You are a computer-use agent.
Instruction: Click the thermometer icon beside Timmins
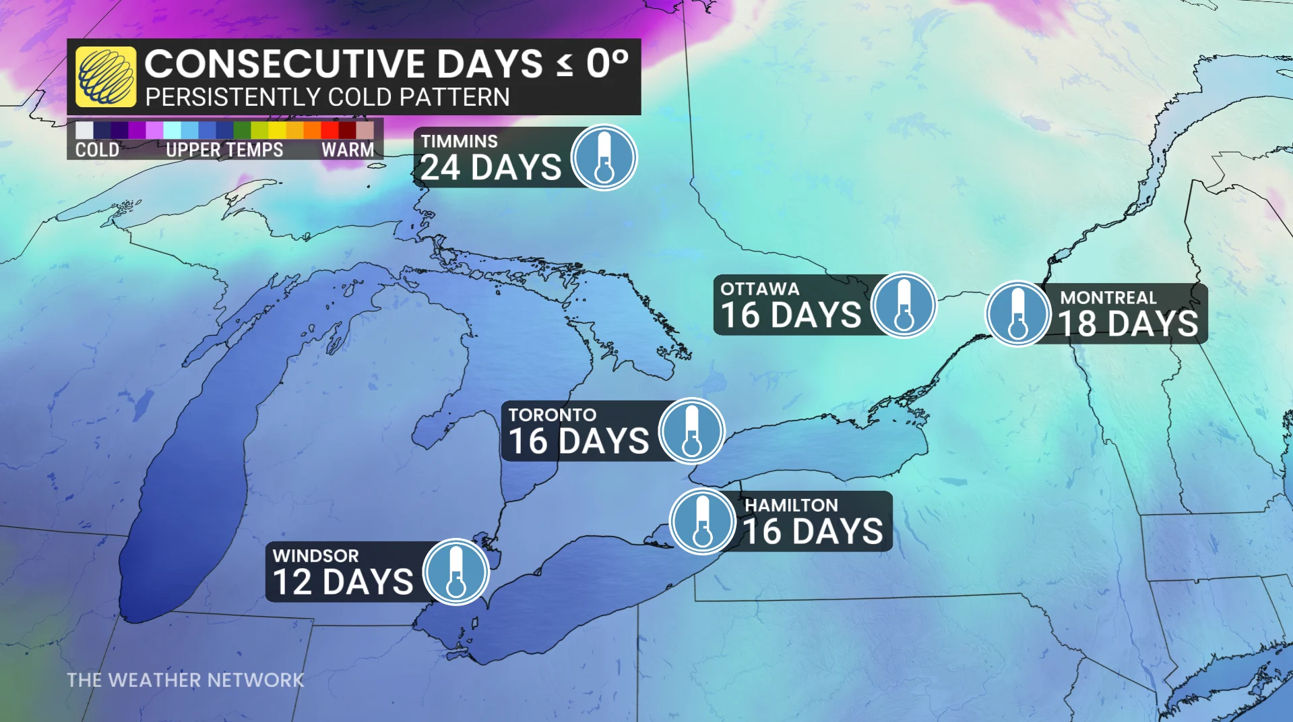click(604, 157)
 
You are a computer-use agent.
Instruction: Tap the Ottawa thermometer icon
click(904, 305)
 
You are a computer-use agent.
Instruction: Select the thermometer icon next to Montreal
click(1017, 313)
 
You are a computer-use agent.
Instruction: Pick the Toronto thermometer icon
click(691, 431)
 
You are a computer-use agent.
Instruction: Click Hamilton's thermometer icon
click(702, 521)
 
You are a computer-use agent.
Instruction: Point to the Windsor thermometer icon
click(456, 572)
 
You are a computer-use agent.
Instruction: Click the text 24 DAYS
click(491, 168)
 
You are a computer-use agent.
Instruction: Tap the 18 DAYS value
click(1129, 324)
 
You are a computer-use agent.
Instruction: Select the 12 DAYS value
click(343, 582)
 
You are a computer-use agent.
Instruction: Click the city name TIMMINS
click(460, 142)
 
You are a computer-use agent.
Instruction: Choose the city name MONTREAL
click(1108, 297)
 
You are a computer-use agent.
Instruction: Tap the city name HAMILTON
click(791, 505)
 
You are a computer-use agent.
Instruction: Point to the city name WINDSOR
click(315, 555)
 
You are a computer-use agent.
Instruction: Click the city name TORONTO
click(553, 415)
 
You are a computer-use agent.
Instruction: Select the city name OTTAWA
click(760, 289)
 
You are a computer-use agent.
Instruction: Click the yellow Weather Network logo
click(105, 76)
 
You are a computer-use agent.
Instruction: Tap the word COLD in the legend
click(97, 150)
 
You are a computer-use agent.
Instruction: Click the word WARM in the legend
click(348, 150)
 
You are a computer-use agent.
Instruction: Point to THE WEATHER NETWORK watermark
click(185, 680)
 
